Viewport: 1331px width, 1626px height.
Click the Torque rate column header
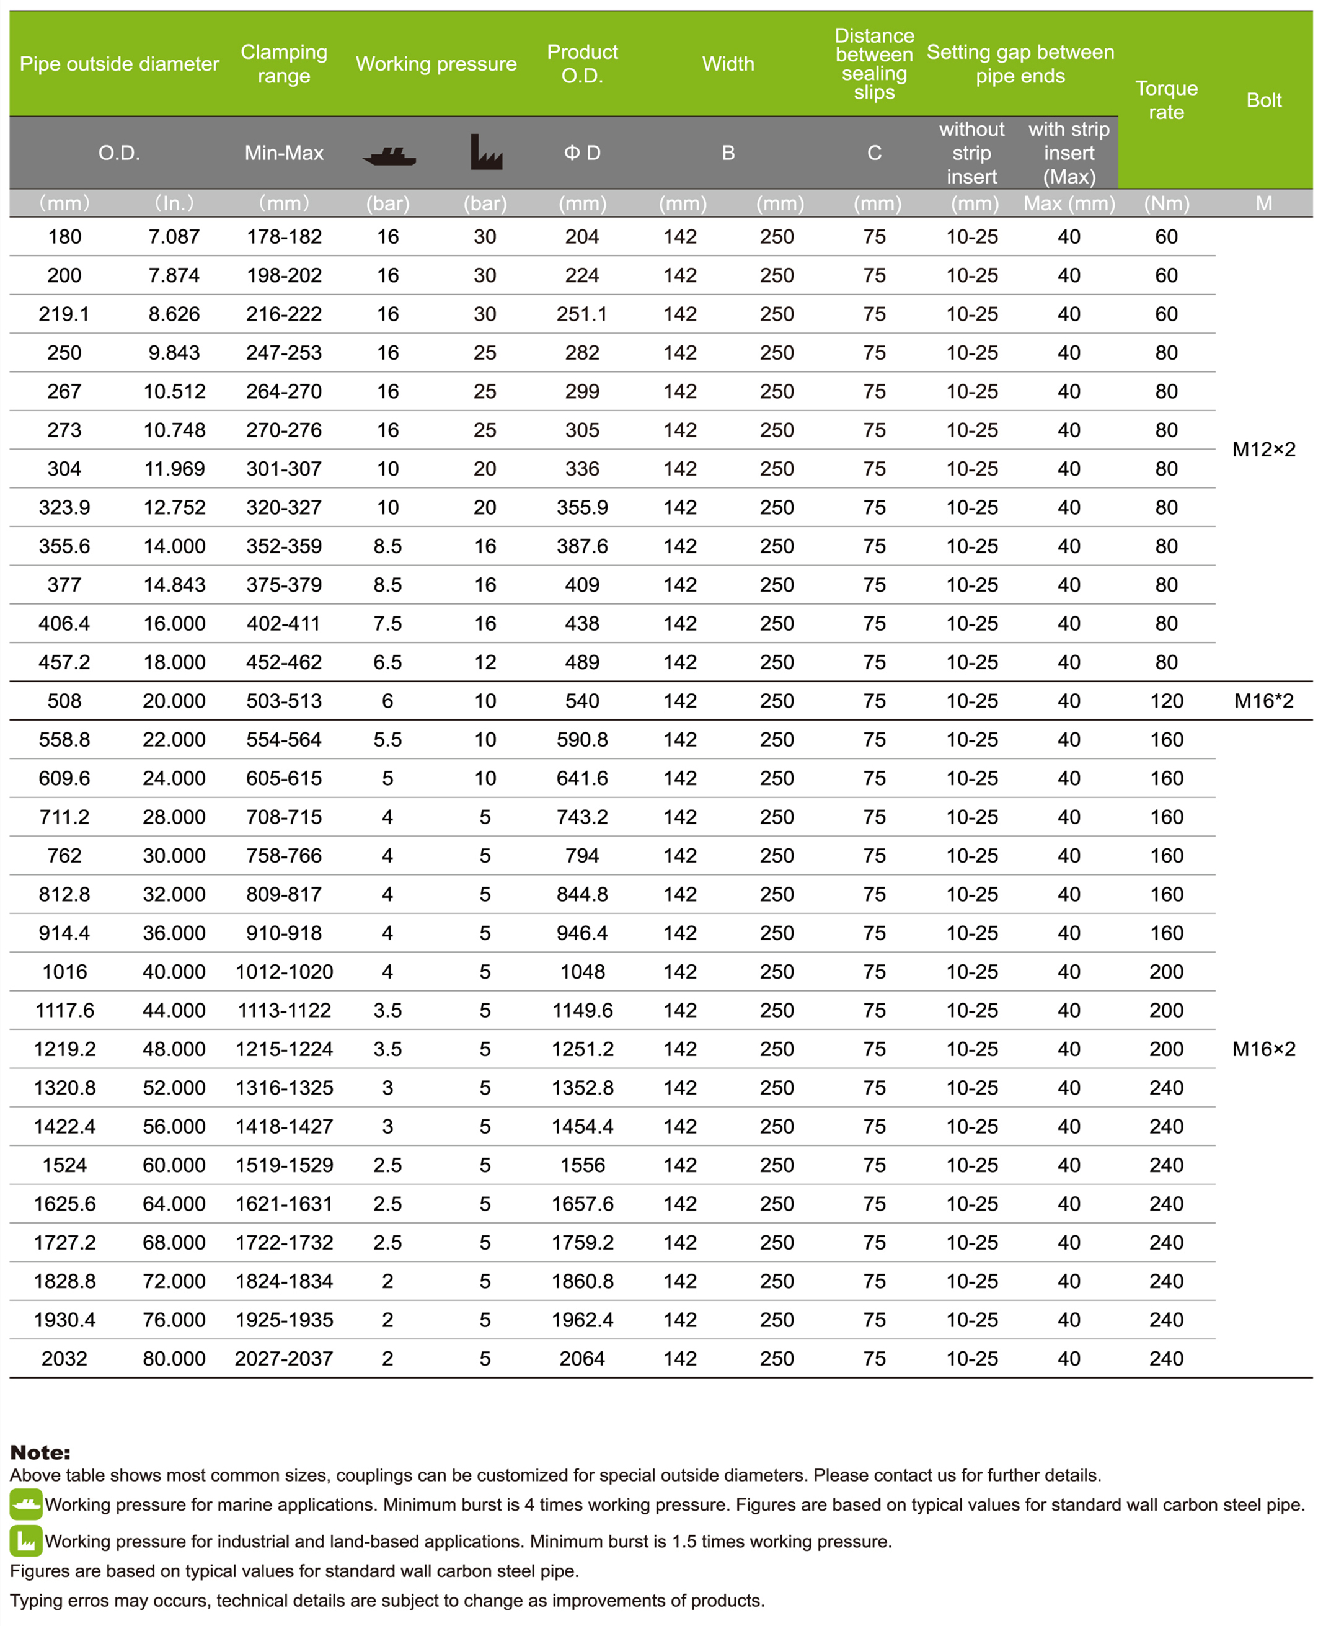[x=1166, y=100]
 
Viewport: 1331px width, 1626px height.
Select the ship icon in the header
[x=389, y=156]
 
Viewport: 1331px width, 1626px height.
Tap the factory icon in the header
[x=485, y=152]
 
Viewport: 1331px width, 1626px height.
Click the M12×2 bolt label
[x=1263, y=450]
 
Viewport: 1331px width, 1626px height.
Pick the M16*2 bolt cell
[x=1263, y=701]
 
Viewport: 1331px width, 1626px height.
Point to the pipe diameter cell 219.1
[x=64, y=314]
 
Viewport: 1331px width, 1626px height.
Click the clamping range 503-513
[x=284, y=701]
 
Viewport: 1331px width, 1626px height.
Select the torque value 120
[x=1166, y=701]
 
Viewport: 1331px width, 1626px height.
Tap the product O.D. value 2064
[x=582, y=1358]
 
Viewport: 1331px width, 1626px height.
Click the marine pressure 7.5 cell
[x=387, y=624]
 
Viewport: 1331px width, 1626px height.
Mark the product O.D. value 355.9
[x=582, y=508]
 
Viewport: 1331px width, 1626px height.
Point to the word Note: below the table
[x=40, y=1452]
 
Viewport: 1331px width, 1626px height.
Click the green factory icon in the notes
[x=26, y=1541]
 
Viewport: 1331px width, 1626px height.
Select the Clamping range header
[x=284, y=64]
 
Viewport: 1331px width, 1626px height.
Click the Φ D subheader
[x=582, y=153]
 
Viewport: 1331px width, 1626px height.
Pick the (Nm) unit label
[x=1166, y=203]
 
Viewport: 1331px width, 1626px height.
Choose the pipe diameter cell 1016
[x=64, y=972]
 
